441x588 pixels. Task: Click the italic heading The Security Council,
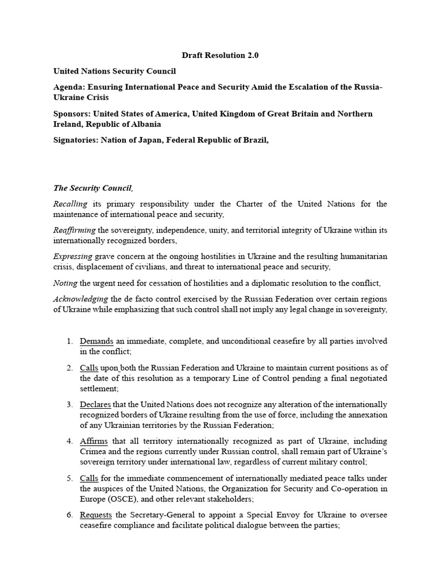(93, 188)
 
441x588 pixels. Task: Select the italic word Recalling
(70, 204)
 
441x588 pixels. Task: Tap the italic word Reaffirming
(75, 230)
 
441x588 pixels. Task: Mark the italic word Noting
(65, 283)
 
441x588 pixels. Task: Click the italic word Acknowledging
(80, 299)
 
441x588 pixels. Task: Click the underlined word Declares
(95, 404)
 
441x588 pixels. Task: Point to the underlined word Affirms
(94, 441)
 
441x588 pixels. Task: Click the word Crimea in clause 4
(94, 451)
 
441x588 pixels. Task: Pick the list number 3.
(69, 404)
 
